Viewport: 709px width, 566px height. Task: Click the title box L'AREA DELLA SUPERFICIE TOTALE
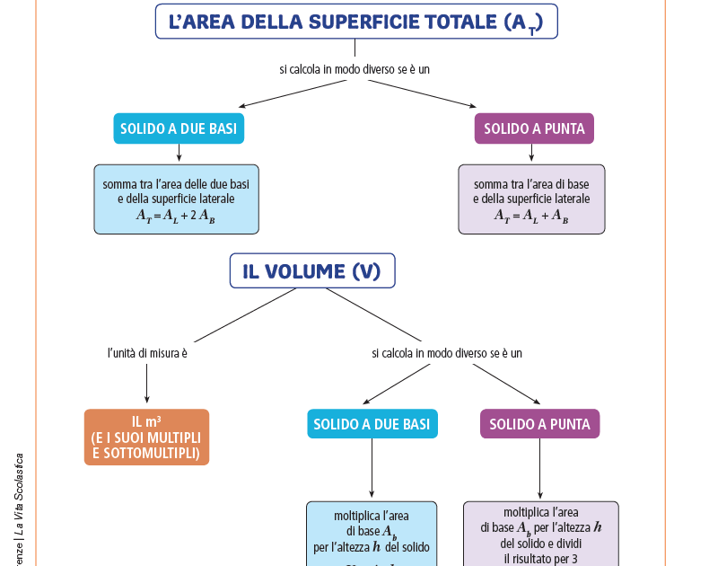pyautogui.click(x=356, y=21)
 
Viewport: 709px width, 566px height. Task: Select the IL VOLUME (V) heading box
pyautogui.click(x=311, y=271)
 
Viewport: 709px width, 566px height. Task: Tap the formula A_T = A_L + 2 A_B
pyautogui.click(x=176, y=216)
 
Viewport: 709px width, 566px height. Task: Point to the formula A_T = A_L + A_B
pyautogui.click(x=531, y=216)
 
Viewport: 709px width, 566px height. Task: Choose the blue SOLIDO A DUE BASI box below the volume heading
pyautogui.click(x=372, y=424)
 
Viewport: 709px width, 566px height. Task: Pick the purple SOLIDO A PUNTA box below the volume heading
pyautogui.click(x=539, y=424)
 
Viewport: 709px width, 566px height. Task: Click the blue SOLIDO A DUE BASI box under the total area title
pyautogui.click(x=179, y=128)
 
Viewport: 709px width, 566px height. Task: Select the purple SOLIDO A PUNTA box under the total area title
pyautogui.click(x=534, y=128)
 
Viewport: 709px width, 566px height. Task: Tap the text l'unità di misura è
pyautogui.click(x=147, y=353)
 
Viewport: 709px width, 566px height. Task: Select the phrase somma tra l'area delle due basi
pyautogui.click(x=176, y=183)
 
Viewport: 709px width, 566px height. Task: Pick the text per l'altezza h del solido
pyautogui.click(x=372, y=546)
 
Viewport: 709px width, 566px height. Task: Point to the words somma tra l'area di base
pyautogui.click(x=531, y=183)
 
